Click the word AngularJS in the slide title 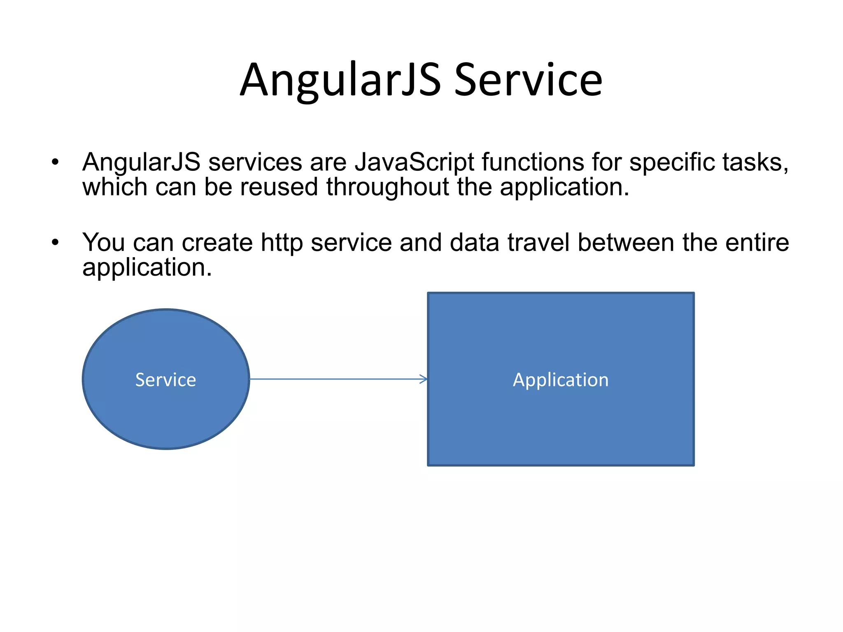(x=340, y=80)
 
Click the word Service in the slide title (x=528, y=80)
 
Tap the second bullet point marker (x=55, y=243)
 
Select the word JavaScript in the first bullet (x=414, y=163)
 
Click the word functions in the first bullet (x=533, y=162)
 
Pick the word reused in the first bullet (x=279, y=187)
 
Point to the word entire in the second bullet (x=757, y=242)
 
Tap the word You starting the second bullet (x=103, y=242)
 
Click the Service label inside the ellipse (x=165, y=380)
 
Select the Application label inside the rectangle (x=561, y=380)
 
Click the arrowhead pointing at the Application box (x=424, y=379)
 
